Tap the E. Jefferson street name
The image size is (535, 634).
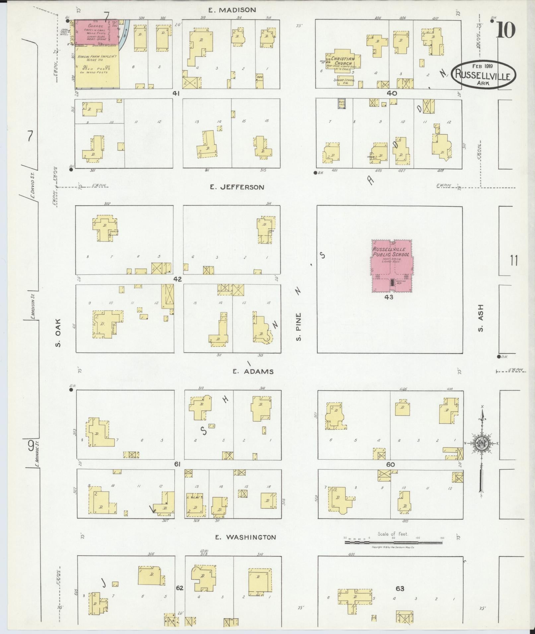click(x=237, y=187)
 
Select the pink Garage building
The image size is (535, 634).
click(x=97, y=32)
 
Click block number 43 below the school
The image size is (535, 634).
click(x=389, y=297)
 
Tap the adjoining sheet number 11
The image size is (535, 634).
click(x=514, y=261)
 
